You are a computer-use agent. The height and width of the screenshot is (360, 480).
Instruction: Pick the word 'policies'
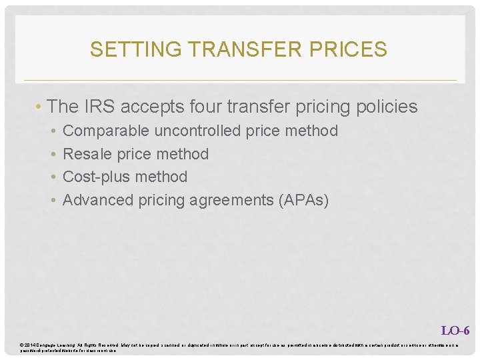coord(387,107)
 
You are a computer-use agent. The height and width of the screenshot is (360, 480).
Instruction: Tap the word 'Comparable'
coord(106,131)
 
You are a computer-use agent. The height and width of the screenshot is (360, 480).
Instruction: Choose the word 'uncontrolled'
coord(198,131)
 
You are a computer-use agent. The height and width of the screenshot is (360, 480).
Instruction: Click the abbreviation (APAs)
coord(305,200)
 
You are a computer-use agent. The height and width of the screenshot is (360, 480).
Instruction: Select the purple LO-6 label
coord(455,330)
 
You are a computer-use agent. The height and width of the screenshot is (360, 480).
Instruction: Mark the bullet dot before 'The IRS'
coord(41,107)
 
